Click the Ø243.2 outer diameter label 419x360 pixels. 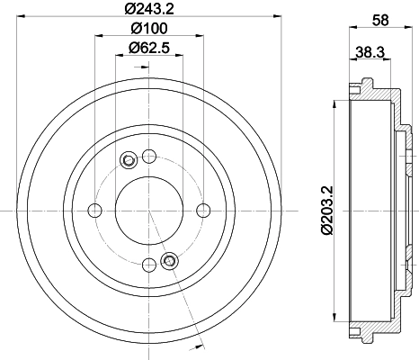point(148,10)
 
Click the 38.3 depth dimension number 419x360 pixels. point(370,53)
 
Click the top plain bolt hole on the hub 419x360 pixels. point(148,155)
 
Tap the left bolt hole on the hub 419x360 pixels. point(94,211)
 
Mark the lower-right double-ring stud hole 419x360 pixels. point(167,261)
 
